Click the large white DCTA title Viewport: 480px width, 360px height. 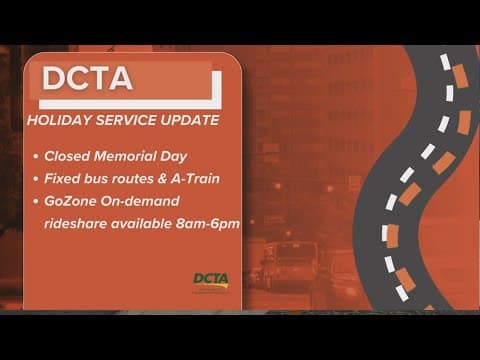88,79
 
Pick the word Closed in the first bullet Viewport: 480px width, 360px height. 69,157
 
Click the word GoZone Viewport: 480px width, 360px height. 73,201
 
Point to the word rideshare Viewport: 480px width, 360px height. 76,223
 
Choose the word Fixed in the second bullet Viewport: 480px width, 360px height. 65,179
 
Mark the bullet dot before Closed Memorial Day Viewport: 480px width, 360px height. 35,158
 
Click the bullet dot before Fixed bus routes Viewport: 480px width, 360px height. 35,180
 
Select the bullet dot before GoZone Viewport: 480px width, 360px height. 35,202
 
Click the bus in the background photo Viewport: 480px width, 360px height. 290,265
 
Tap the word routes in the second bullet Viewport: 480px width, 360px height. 147,179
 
